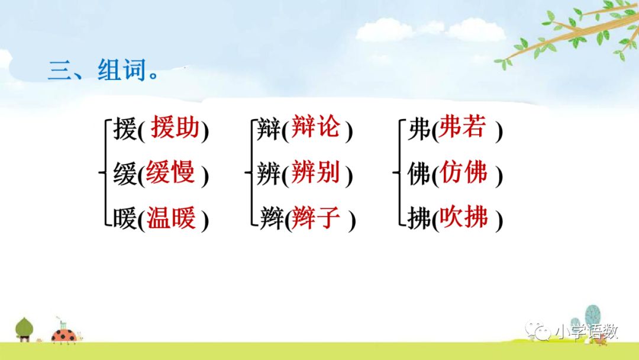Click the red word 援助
pos(175,128)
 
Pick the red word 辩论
pos(316,128)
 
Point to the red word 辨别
pos(316,173)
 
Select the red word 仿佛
pos(463,173)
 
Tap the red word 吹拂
pos(463,218)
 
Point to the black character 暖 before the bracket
pos(125,220)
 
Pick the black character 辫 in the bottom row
pos(270,220)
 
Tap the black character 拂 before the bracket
pos(419,220)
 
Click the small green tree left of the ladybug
pos(24,328)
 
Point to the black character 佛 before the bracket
pos(419,175)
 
